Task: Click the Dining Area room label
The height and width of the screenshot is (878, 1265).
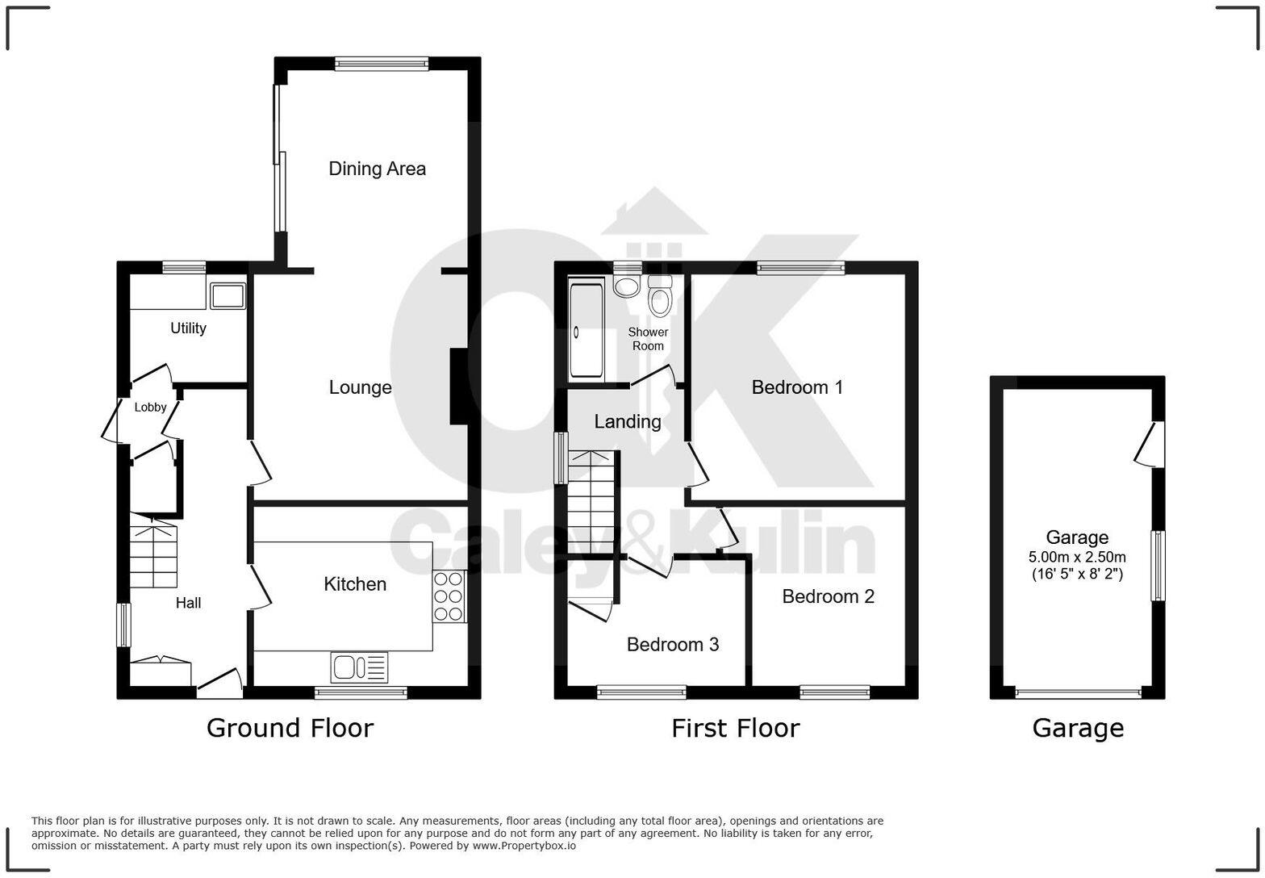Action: point(377,169)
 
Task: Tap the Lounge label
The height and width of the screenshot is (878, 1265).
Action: point(360,387)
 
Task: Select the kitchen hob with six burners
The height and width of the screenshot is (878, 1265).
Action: point(449,596)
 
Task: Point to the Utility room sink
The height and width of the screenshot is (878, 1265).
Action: point(227,296)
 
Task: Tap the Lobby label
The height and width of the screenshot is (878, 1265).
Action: point(150,408)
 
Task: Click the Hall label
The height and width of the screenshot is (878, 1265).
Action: point(188,603)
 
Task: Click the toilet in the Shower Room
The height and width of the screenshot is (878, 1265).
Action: point(660,297)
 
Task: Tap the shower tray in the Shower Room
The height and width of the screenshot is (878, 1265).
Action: point(587,330)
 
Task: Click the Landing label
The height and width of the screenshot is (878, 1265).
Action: point(627,421)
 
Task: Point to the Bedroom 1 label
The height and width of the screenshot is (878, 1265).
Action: point(797,387)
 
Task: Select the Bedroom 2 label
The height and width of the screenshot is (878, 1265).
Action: point(828,596)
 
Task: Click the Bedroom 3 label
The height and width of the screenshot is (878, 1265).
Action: point(672,644)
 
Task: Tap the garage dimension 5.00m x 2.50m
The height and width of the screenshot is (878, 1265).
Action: point(1077,557)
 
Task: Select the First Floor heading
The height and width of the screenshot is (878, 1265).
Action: point(735,728)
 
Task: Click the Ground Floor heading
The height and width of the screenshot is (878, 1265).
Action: point(290,728)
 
